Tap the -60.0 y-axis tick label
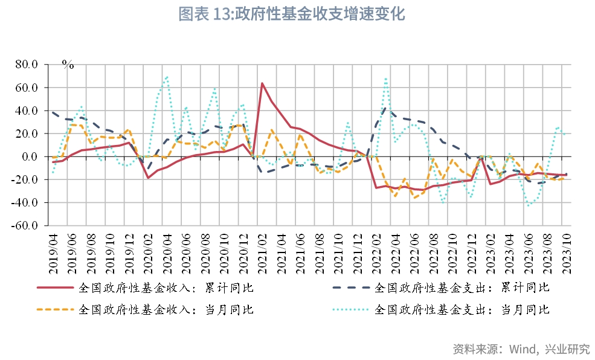pos(25,225)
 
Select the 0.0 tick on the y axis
pos(30,156)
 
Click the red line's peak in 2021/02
pos(262,83)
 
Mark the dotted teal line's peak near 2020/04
pos(167,77)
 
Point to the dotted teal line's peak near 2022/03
pos(385,78)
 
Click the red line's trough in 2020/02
pos(148,178)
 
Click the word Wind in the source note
pos(523,349)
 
